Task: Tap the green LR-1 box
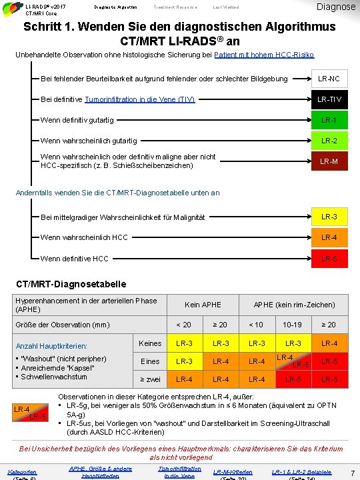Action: coord(329,120)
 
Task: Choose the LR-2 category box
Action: coord(329,141)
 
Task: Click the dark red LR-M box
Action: coord(329,161)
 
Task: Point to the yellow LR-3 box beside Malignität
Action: coord(329,217)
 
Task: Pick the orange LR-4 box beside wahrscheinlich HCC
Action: coord(329,237)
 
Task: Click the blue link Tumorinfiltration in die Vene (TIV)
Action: coord(131,99)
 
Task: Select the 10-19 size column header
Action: coord(293,325)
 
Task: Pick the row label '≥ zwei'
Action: coord(149,379)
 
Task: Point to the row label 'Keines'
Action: coord(149,343)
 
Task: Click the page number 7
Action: coord(352,473)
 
